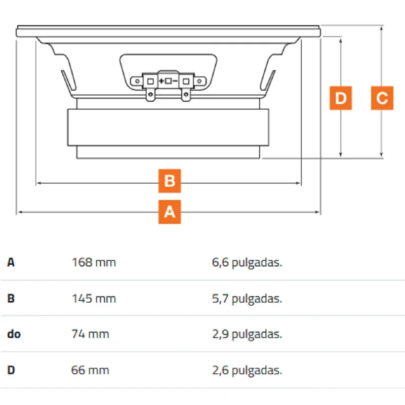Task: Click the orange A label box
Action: click(170, 212)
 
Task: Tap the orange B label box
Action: click(170, 181)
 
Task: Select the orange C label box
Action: click(382, 98)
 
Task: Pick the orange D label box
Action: click(341, 98)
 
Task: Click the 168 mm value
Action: click(94, 262)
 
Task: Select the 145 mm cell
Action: click(94, 299)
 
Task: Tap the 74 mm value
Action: click(90, 334)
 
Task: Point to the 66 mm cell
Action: click(90, 370)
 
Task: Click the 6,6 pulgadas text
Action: click(247, 263)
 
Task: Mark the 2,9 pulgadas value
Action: click(247, 335)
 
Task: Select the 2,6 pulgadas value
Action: click(247, 371)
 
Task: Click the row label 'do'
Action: click(14, 334)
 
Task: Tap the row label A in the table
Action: click(11, 262)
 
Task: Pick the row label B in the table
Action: click(11, 299)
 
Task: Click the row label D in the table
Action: click(11, 370)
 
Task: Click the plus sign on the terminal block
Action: click(161, 81)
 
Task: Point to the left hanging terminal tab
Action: click(150, 95)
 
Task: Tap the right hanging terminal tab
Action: click(186, 95)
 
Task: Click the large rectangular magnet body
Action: click(168, 128)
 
